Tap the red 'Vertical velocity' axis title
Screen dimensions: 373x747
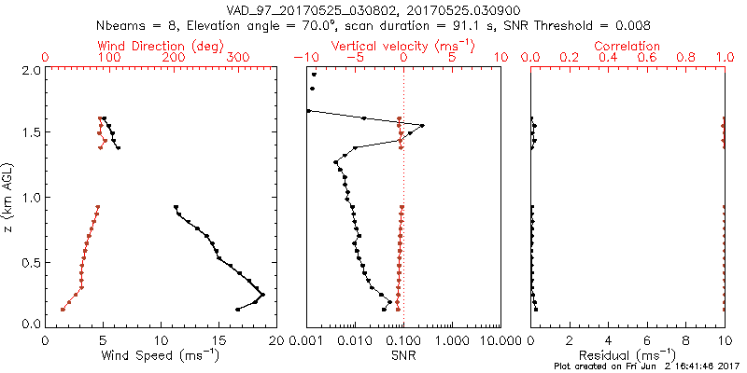point(403,46)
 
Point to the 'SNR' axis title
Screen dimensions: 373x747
point(403,354)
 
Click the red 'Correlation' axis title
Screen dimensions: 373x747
point(627,46)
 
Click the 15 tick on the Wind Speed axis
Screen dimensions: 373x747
point(218,340)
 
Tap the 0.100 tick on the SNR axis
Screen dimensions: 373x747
point(403,340)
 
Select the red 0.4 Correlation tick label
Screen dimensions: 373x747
point(608,58)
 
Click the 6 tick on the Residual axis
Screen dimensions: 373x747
point(647,340)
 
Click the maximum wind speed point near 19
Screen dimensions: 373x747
point(262,295)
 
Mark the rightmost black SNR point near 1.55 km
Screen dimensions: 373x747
point(422,126)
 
